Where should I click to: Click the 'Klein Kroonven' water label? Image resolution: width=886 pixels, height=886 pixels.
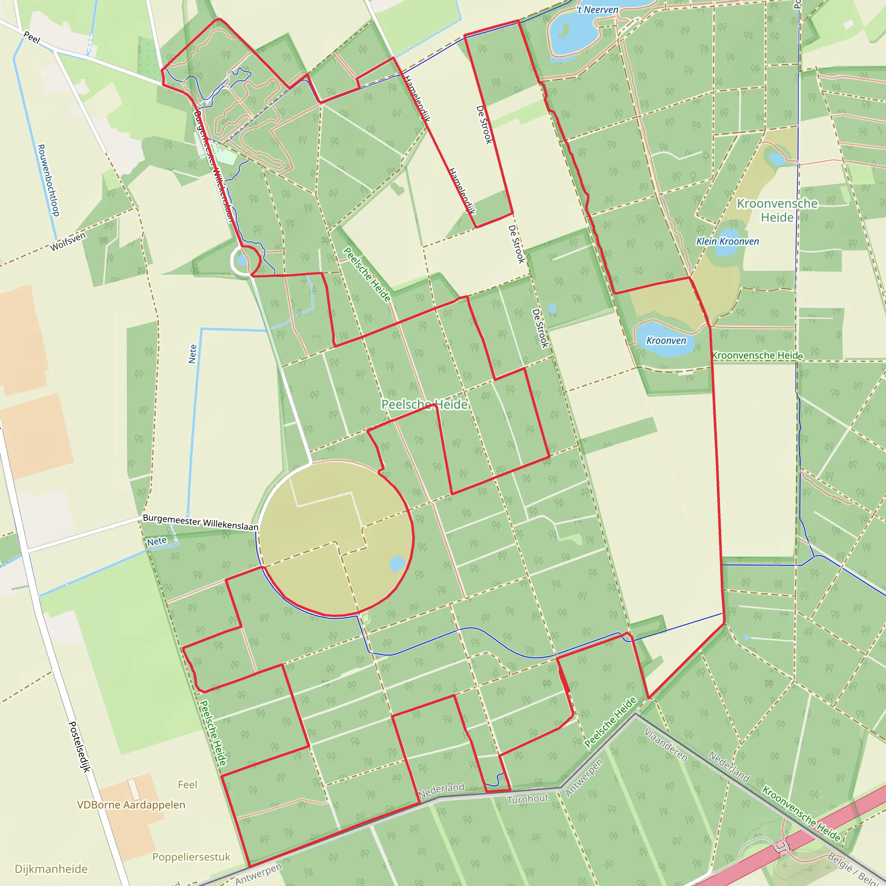click(x=727, y=241)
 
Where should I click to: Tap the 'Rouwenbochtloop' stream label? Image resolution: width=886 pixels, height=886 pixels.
click(x=48, y=180)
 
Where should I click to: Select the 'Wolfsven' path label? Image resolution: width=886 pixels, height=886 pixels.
click(x=68, y=242)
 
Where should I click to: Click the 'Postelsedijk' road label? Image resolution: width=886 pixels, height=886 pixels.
click(x=79, y=747)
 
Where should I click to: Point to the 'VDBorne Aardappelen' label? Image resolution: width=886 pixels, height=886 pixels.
click(x=131, y=805)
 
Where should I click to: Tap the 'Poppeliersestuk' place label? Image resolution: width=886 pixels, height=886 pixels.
click(x=191, y=857)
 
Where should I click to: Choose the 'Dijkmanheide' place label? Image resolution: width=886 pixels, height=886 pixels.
click(x=51, y=869)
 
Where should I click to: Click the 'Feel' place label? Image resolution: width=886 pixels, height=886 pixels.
click(x=188, y=785)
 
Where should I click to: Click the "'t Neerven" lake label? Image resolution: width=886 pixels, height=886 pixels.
click(x=598, y=10)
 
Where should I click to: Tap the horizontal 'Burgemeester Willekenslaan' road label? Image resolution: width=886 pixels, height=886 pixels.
click(x=200, y=522)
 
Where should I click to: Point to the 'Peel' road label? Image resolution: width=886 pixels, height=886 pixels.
click(x=32, y=37)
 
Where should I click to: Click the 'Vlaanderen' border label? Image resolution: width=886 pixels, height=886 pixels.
click(x=665, y=745)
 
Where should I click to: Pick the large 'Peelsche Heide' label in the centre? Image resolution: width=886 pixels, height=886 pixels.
click(x=425, y=404)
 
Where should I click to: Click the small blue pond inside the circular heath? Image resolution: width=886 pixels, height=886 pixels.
click(x=397, y=564)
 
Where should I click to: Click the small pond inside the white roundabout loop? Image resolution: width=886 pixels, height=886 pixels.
click(x=242, y=261)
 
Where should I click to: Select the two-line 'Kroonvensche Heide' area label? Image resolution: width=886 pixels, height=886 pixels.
click(x=777, y=210)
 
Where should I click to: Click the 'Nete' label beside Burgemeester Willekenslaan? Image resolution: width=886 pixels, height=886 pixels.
click(x=157, y=542)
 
